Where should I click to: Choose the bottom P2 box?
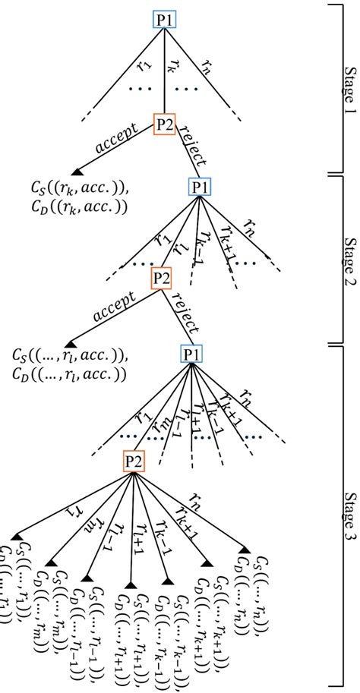coord(134,461)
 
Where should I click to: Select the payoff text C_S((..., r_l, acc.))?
coord(69,355)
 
